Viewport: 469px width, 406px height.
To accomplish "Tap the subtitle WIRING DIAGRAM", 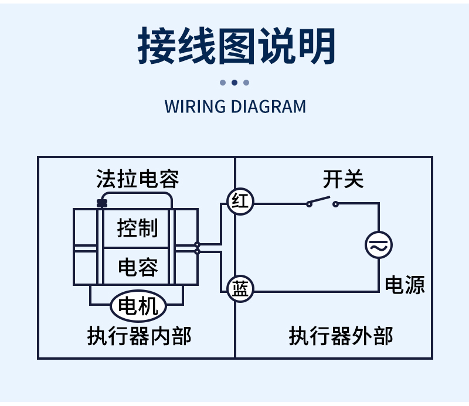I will pyautogui.click(x=235, y=107).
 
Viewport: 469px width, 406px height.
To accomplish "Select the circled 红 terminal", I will pyautogui.click(x=240, y=203).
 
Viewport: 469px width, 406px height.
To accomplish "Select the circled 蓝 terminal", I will pyautogui.click(x=240, y=290).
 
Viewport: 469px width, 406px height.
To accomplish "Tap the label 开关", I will pyautogui.click(x=343, y=179).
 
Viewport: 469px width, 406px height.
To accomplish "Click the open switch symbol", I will pyautogui.click(x=322, y=202).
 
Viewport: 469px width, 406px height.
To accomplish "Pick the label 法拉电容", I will pyautogui.click(x=138, y=179).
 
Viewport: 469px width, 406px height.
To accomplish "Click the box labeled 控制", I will pyautogui.click(x=138, y=228).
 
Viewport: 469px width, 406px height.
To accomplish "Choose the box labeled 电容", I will pyautogui.click(x=138, y=267).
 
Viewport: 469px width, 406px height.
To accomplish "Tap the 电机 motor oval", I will pyautogui.click(x=138, y=305).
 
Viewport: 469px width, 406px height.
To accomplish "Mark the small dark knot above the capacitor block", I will pyautogui.click(x=102, y=203).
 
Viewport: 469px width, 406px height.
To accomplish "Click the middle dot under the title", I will pyautogui.click(x=235, y=83).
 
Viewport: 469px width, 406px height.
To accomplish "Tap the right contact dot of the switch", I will pyautogui.click(x=335, y=204).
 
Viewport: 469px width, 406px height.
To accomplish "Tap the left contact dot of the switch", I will pyautogui.click(x=309, y=204).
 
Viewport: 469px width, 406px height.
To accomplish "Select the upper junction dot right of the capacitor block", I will pyautogui.click(x=197, y=244).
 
